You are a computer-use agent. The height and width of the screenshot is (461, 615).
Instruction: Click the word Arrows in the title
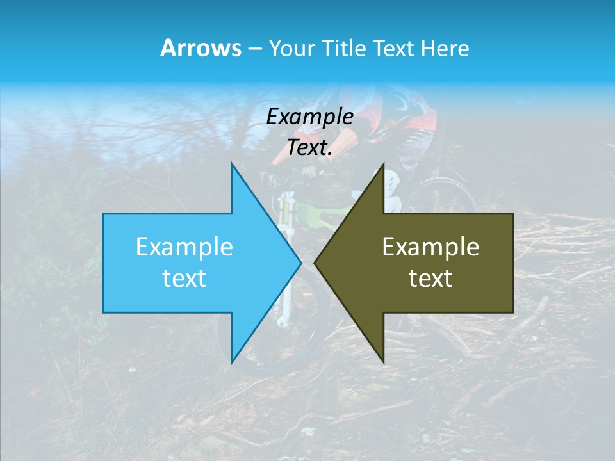point(201,48)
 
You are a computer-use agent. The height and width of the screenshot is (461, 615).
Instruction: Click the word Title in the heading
point(345,48)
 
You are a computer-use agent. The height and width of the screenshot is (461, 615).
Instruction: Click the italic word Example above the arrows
point(309,117)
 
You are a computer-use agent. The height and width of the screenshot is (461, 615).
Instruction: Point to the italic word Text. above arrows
point(309,147)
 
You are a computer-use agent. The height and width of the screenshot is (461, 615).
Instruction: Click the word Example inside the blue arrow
point(184,247)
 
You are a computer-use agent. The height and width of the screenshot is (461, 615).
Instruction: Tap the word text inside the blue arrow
point(184,279)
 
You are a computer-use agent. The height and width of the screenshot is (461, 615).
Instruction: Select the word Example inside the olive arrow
point(430,247)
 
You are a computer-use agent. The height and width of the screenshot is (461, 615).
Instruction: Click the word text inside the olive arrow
point(430,279)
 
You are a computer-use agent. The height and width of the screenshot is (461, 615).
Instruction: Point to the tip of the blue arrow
point(299,263)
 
